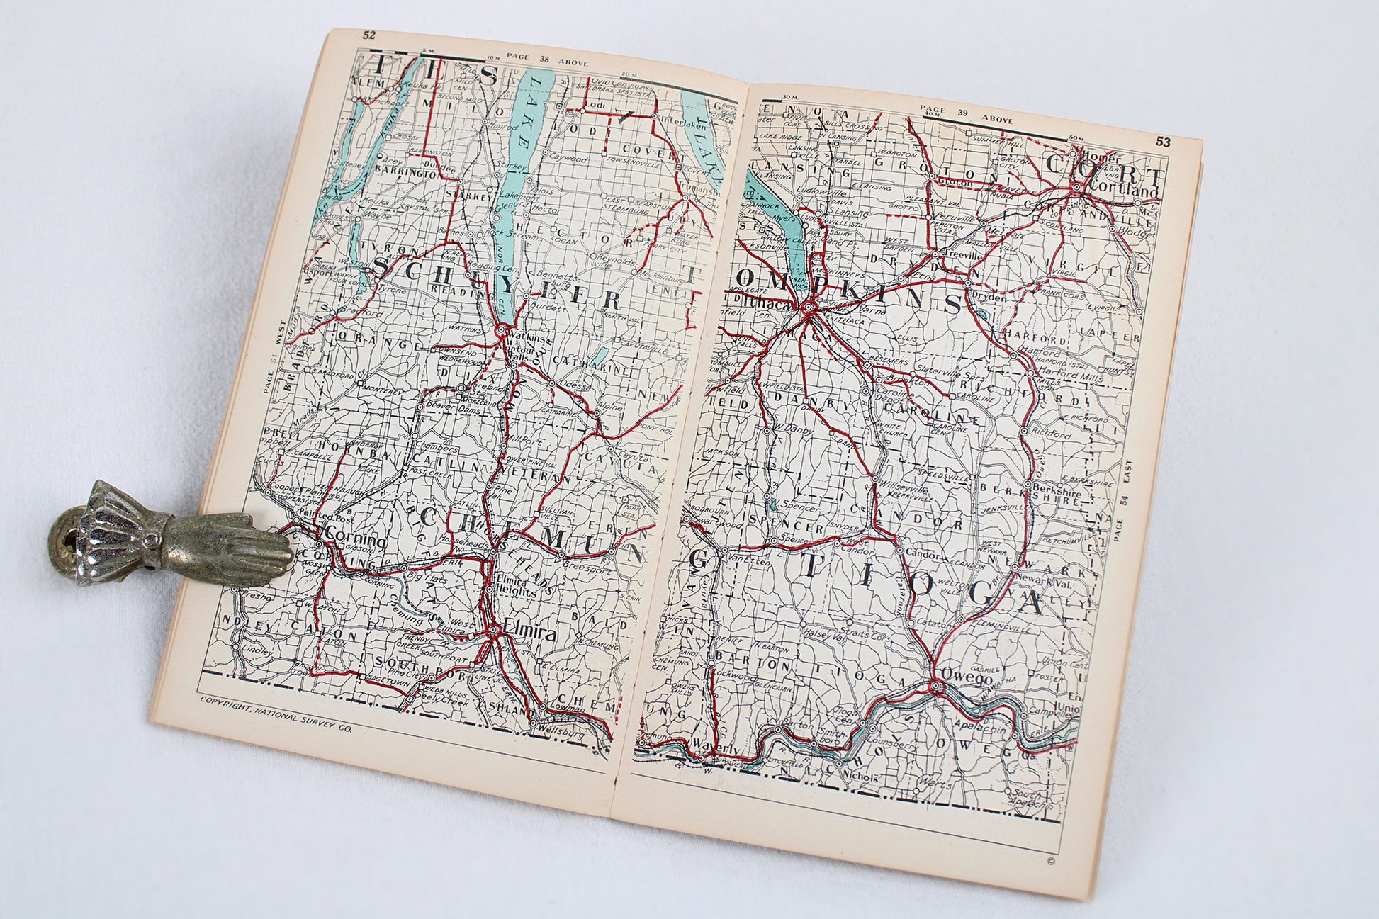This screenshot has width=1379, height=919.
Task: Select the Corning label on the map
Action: pyautogui.click(x=354, y=541)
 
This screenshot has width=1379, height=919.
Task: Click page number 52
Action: pyautogui.click(x=369, y=34)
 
